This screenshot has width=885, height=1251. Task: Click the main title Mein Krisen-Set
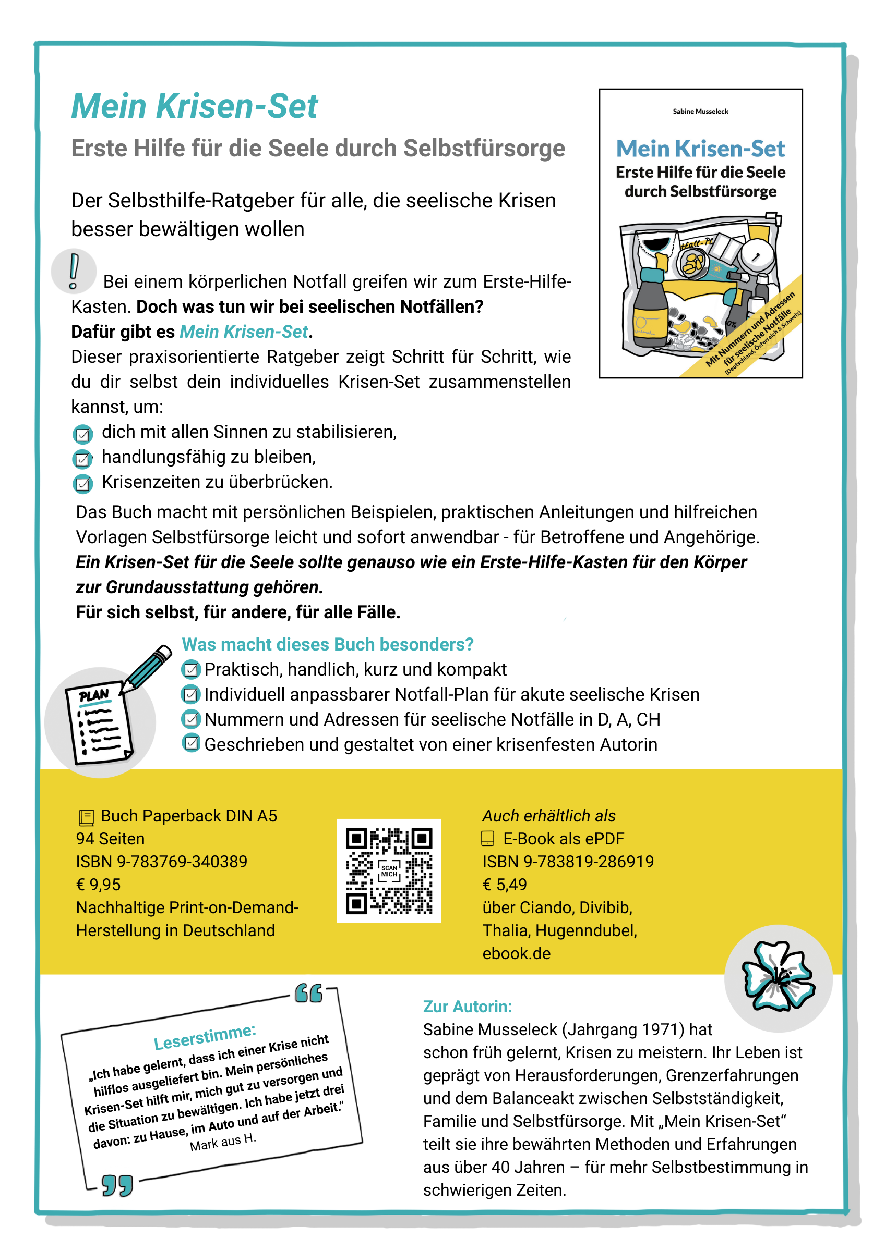coord(194,106)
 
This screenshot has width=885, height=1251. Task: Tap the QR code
coord(389,870)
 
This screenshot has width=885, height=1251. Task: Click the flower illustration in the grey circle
coord(778,976)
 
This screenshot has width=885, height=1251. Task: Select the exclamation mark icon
coord(74,271)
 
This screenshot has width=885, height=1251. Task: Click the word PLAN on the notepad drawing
coord(94,696)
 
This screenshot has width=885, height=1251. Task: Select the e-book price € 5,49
coord(505,885)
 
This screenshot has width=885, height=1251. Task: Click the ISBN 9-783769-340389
coord(161,862)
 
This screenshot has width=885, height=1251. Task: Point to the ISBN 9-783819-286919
coord(568,862)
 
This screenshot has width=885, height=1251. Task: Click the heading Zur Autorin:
coord(468,1007)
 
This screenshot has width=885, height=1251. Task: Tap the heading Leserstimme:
coord(205,1036)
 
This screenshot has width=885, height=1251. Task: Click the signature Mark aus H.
coord(222,1142)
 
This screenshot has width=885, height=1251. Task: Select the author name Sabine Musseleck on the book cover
coord(700,112)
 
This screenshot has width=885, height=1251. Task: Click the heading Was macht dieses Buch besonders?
coord(327,644)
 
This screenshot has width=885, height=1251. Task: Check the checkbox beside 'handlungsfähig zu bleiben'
coord(82,459)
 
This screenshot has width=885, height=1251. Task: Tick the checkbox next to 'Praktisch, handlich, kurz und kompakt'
coord(190,670)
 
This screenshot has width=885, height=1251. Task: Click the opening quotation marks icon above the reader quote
coord(308,994)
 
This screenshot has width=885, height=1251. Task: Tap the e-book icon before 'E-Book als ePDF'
coord(487,839)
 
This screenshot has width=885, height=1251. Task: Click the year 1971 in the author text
coord(662,1029)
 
